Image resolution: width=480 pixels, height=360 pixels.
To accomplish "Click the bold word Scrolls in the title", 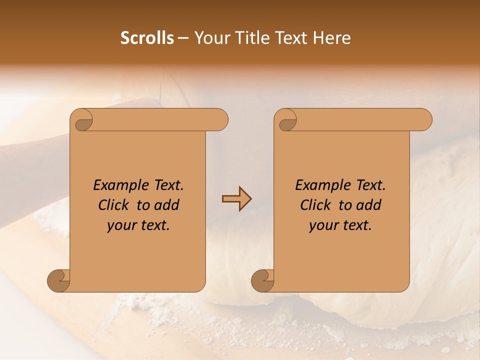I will [147, 38].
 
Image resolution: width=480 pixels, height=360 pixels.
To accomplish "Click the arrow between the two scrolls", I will [236, 199].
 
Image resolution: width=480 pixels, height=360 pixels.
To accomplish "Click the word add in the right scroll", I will [369, 205].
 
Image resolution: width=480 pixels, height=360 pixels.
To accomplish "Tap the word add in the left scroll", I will [167, 205].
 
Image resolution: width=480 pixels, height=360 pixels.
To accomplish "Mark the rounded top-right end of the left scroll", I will [220, 120].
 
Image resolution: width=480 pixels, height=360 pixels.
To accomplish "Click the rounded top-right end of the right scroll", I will [424, 120].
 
